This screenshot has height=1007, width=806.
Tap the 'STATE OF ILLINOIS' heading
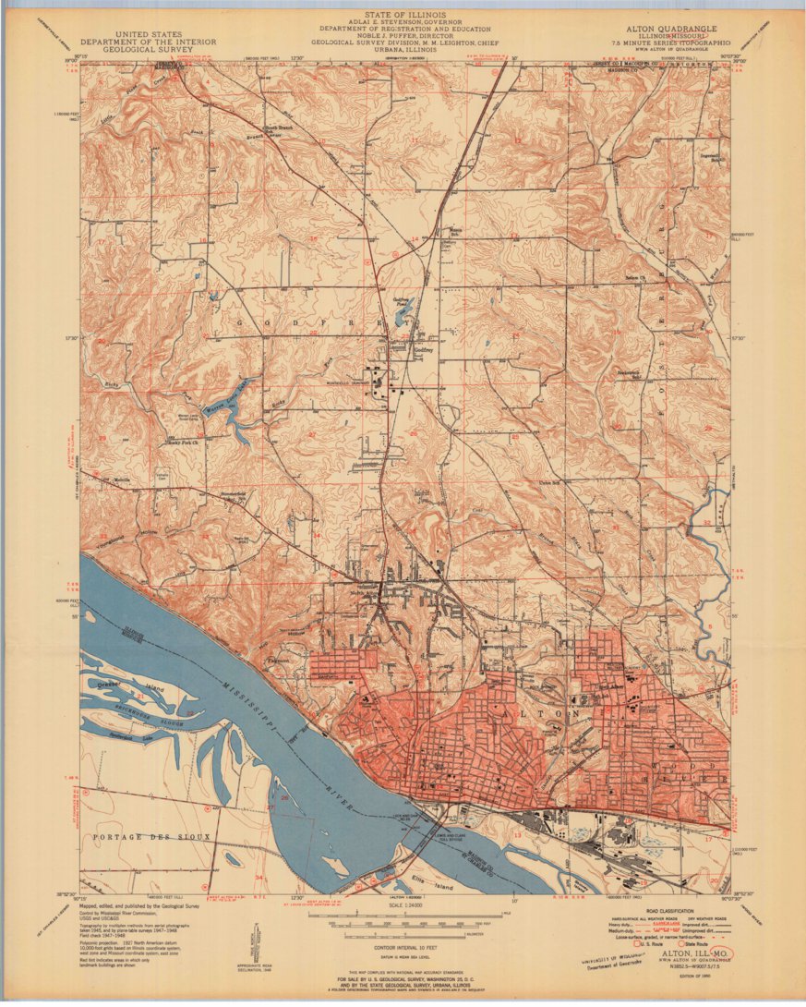403,15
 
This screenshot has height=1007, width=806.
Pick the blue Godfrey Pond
403,316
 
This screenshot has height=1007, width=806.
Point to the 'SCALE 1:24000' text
403,904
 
